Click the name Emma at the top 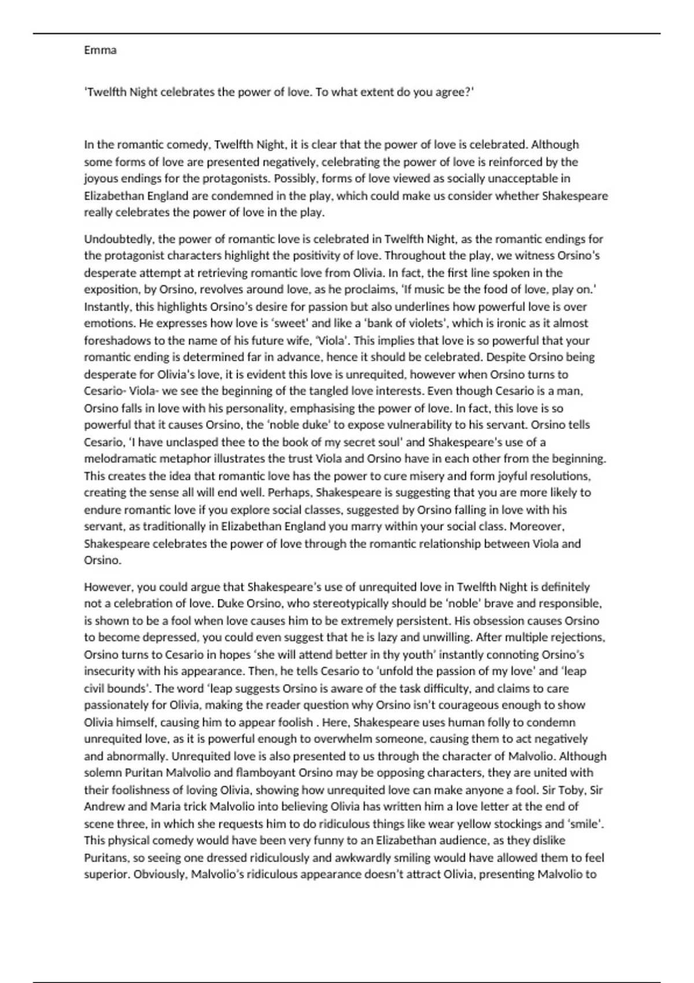tap(100, 50)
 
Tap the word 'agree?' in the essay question tap(456, 92)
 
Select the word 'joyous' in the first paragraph tap(101, 179)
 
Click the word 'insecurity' tap(111, 671)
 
